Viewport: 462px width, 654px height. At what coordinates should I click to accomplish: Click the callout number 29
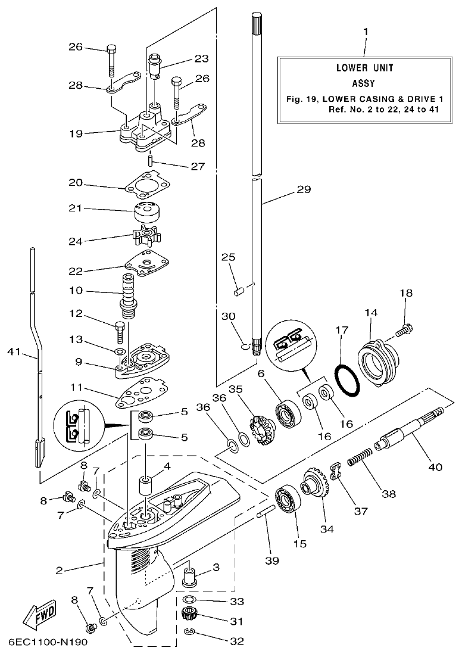click(303, 190)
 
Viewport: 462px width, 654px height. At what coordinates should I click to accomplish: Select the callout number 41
click(17, 353)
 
